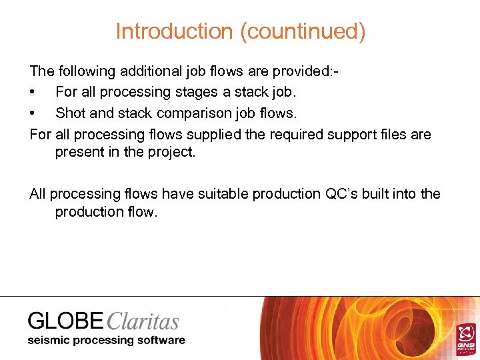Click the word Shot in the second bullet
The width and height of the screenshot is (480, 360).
pos(70,113)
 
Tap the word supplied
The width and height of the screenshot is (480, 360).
pos(213,134)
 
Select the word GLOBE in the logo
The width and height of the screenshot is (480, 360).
pos(65,321)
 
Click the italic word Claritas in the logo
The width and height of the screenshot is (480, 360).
pos(142,321)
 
